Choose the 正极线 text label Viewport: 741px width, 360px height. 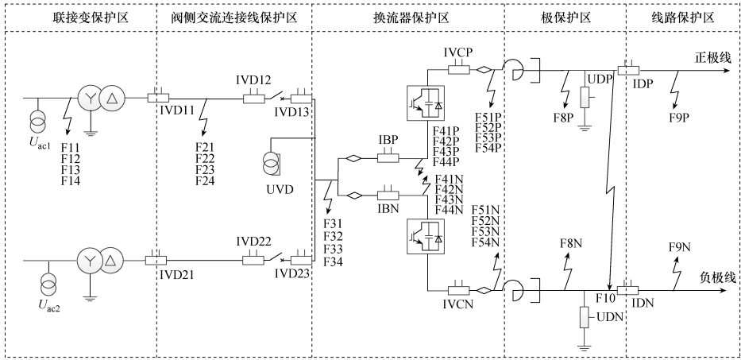[x=712, y=57]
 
